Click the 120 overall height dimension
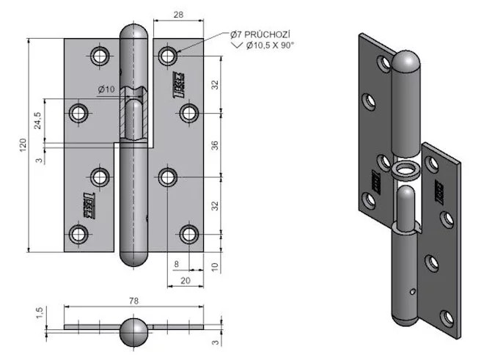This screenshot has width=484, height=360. tap(22, 144)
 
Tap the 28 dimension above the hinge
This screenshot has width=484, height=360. tap(179, 15)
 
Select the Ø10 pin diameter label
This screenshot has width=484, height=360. tap(106, 89)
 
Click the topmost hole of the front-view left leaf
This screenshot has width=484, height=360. tap(100, 55)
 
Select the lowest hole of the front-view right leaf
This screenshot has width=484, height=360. tap(189, 234)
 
